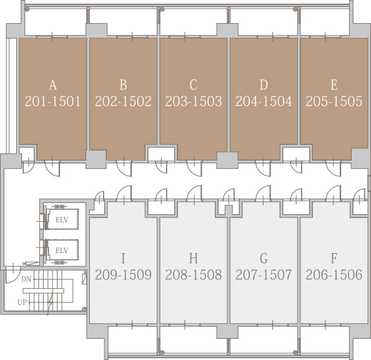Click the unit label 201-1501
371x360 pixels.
pos(52,101)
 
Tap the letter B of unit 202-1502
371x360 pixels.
pos(123,85)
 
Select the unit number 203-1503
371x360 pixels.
pos(194,101)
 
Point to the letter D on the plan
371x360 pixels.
pos(264,85)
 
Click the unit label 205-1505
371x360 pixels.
pos(334,101)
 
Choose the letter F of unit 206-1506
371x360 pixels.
pos(334,258)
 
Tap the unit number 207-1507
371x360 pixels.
pos(264,275)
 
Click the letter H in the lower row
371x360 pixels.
pos(194,258)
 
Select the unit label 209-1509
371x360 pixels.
pos(123,275)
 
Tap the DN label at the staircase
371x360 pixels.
pos(26,279)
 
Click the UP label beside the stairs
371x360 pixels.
pos(22,302)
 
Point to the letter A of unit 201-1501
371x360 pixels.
pos(53,85)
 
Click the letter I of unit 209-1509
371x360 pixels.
pos(123,258)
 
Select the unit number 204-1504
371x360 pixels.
pos(264,101)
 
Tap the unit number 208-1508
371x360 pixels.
pos(194,275)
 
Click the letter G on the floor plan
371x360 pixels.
pos(264,258)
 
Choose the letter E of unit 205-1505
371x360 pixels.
pos(334,85)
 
